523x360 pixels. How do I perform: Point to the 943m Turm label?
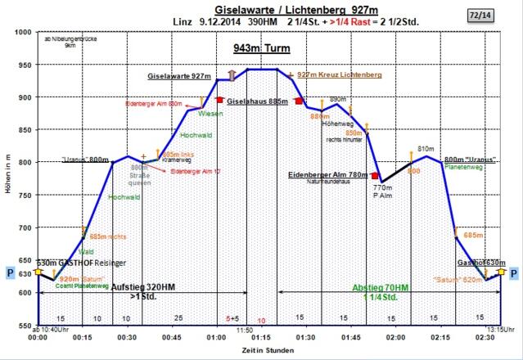[255, 48]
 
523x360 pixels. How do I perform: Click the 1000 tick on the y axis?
[23, 33]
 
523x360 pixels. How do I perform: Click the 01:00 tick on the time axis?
[217, 337]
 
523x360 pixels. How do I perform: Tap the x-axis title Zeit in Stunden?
[261, 350]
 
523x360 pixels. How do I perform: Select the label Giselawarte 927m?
[179, 75]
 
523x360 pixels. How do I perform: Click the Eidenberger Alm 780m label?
[327, 174]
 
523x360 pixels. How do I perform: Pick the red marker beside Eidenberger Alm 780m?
[374, 175]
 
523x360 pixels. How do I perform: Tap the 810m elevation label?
[424, 149]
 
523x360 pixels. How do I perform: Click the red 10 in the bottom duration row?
[261, 320]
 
